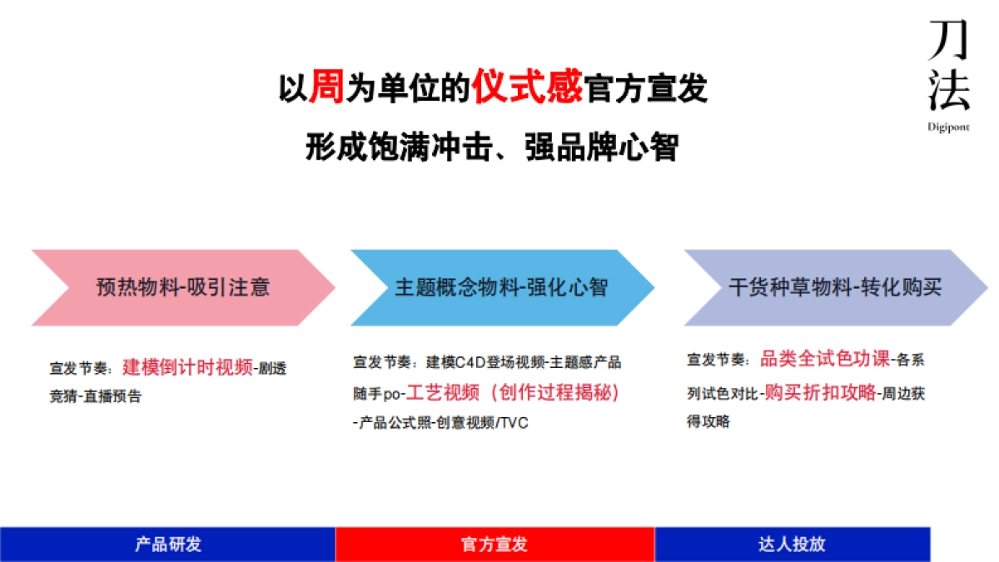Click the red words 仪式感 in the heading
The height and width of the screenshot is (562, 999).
[x=527, y=87]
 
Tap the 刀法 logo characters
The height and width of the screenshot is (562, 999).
[x=949, y=67]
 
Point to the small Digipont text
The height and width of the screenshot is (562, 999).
[x=949, y=127]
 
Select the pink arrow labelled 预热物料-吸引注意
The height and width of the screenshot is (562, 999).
[x=183, y=287]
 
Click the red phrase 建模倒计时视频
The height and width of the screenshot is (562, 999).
[x=188, y=367]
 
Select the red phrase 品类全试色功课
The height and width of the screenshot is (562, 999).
[x=824, y=360]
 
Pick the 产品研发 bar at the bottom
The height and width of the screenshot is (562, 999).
[x=168, y=545]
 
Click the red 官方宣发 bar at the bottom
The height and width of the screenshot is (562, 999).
[x=495, y=545]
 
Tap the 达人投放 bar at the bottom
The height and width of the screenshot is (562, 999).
[x=792, y=545]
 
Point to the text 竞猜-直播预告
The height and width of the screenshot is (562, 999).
[x=96, y=397]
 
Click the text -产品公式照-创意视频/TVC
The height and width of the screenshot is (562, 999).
[x=440, y=423]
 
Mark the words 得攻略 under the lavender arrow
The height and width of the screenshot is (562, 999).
[x=708, y=422]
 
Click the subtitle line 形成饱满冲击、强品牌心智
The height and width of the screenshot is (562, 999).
[x=492, y=148]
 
